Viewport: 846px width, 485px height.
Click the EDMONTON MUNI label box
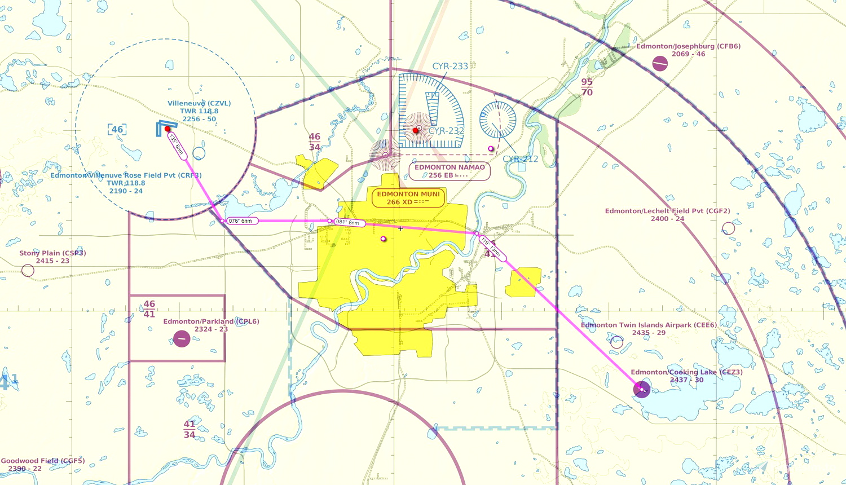(408, 198)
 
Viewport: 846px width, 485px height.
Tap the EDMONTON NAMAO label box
(450, 171)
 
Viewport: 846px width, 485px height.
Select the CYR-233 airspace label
(450, 66)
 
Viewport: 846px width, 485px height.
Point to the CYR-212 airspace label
(520, 159)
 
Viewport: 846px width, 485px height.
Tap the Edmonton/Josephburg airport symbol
(660, 64)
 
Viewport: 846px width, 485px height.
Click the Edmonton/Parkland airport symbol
(182, 339)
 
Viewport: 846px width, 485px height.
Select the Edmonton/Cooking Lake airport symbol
(642, 389)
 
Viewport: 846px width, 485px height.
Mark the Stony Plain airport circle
(28, 271)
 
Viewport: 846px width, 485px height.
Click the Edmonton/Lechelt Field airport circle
(729, 228)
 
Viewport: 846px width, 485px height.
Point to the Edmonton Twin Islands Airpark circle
(617, 342)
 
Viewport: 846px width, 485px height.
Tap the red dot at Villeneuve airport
(168, 129)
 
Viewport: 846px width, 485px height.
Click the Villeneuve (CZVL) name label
(199, 104)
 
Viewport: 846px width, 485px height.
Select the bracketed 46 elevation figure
(117, 130)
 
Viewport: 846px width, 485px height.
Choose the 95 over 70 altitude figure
(587, 87)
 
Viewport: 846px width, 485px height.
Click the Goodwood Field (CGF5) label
(43, 461)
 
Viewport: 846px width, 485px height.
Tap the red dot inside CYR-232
(416, 130)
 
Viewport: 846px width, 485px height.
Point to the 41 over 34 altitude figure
(190, 429)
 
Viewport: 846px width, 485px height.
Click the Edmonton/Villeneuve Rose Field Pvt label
(126, 175)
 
